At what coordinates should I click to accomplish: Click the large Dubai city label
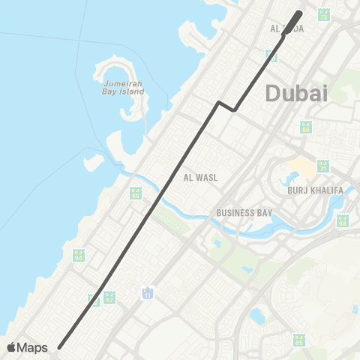[297, 93]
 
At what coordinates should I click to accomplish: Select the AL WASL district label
[200, 178]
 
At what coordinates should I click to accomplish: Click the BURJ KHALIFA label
[314, 190]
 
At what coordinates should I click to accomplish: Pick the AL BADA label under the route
[286, 28]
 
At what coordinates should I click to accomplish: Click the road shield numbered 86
[305, 127]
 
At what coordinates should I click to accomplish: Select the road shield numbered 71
[322, 166]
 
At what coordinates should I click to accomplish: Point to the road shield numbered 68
[343, 220]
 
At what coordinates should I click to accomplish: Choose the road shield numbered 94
[78, 256]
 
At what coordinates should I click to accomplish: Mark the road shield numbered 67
[109, 298]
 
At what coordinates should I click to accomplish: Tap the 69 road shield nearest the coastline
[135, 193]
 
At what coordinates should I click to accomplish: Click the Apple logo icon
[12, 347]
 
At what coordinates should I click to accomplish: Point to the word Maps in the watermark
[33, 347]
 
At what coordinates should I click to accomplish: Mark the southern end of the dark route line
[59, 346]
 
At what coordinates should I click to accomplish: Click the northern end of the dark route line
[300, 13]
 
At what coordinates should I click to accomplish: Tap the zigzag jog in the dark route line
[226, 106]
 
